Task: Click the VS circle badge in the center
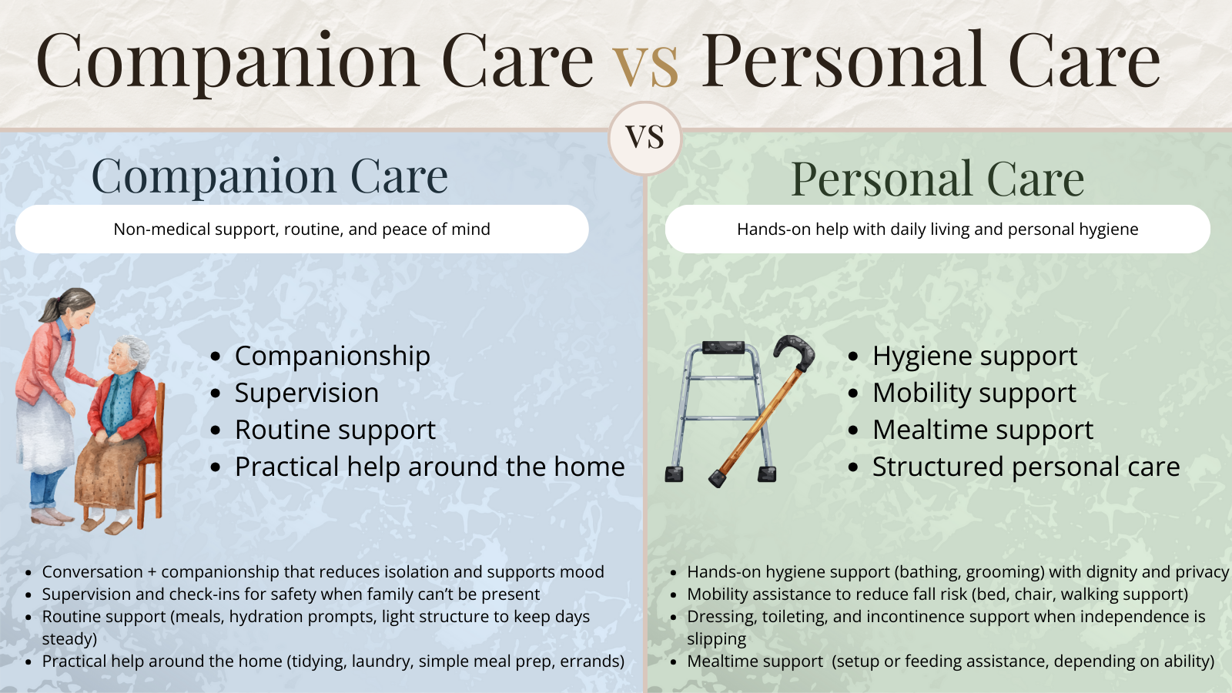click(x=645, y=138)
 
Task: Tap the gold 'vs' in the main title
click(x=645, y=62)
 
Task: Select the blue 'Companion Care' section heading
click(x=269, y=176)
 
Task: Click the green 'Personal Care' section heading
click(x=937, y=179)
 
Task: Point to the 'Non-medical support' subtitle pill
click(x=302, y=229)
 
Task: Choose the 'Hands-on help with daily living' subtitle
click(x=937, y=229)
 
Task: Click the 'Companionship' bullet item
click(x=332, y=356)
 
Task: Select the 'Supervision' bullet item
click(x=306, y=393)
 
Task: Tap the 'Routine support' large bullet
click(x=335, y=430)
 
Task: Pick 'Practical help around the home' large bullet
click(x=430, y=467)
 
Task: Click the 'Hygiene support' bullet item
click(x=974, y=356)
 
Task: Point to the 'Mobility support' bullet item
click(x=974, y=393)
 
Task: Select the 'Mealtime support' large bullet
click(x=983, y=430)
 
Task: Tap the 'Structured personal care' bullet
click(x=1026, y=467)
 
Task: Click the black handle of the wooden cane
click(x=797, y=350)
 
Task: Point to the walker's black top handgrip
click(x=723, y=348)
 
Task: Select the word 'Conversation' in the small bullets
click(x=92, y=572)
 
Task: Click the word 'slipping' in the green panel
click(x=716, y=639)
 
